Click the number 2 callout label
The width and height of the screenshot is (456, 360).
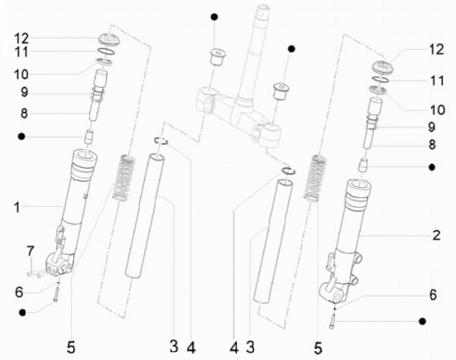[x=436, y=236]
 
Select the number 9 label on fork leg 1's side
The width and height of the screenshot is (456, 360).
[x=24, y=93]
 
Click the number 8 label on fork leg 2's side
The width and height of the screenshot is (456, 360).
[x=432, y=145]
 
